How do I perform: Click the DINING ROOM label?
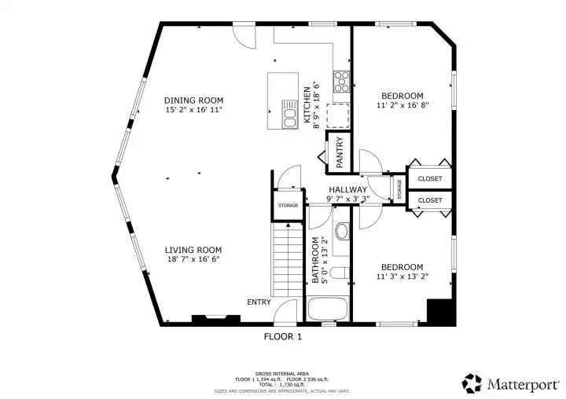click(193, 101)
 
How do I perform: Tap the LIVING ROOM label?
click(193, 250)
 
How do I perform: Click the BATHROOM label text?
click(315, 260)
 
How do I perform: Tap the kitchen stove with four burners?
click(343, 80)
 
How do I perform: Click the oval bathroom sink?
click(341, 232)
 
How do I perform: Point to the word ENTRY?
click(259, 302)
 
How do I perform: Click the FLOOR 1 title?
click(282, 336)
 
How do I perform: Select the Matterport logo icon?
click(472, 383)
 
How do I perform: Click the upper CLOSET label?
click(430, 179)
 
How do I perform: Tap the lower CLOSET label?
click(430, 200)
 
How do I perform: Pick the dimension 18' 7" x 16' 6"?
click(193, 259)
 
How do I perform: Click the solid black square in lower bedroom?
click(440, 311)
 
